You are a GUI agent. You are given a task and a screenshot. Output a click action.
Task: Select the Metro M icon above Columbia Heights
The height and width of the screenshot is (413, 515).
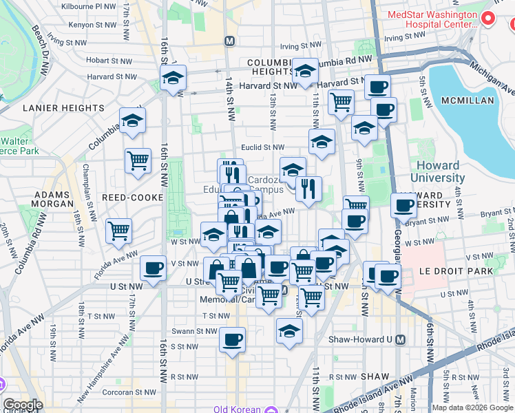(x=229, y=41)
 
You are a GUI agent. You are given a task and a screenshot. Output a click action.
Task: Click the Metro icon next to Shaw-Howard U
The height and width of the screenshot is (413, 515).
(x=401, y=339)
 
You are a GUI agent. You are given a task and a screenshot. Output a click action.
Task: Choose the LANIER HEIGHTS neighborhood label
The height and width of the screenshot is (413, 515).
(x=63, y=108)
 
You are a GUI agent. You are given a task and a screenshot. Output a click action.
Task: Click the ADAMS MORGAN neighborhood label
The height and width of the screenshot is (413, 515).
(x=54, y=198)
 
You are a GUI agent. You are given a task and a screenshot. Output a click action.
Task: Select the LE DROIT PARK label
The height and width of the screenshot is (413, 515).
(x=459, y=271)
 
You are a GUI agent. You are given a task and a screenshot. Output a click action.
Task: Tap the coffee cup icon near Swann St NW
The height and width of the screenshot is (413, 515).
(x=233, y=339)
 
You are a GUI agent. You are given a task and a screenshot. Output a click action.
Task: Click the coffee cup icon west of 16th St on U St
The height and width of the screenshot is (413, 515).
(x=153, y=268)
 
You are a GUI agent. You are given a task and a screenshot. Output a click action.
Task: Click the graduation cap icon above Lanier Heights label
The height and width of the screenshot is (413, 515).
(x=132, y=120)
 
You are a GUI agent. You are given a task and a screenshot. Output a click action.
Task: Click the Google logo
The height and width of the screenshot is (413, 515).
(x=23, y=405)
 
